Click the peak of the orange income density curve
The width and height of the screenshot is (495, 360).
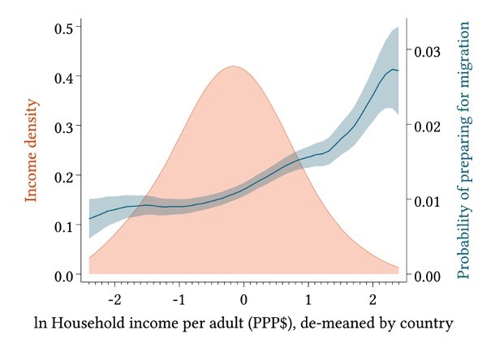coord(233,66)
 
